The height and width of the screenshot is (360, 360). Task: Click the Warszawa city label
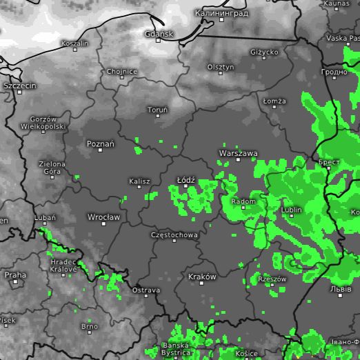(238, 152)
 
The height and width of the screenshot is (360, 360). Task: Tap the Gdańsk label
(159, 33)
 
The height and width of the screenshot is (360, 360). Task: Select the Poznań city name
(101, 144)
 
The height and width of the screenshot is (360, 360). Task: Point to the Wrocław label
(103, 217)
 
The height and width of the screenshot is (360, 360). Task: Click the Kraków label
(202, 277)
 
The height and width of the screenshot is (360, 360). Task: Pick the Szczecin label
(20, 86)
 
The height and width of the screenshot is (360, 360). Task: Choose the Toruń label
(157, 110)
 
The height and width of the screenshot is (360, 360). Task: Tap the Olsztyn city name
(221, 67)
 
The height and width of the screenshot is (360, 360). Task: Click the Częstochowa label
(174, 235)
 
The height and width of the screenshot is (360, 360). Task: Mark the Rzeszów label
(272, 279)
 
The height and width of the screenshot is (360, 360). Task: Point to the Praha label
(15, 274)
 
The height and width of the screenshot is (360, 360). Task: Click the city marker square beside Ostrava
(136, 283)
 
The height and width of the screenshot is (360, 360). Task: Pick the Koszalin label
(75, 43)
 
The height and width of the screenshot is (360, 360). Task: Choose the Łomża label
(274, 101)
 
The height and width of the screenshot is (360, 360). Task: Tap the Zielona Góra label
(52, 168)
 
